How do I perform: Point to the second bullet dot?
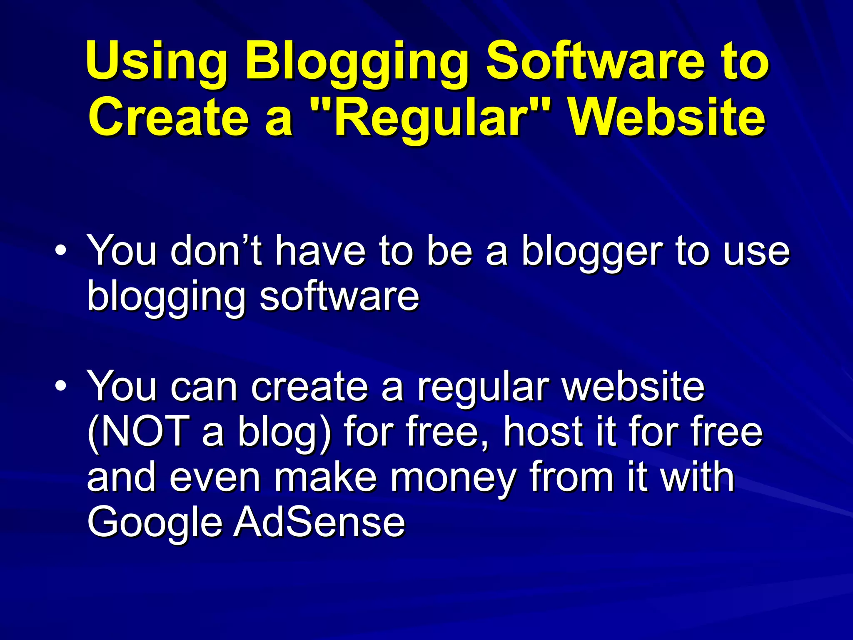point(60,386)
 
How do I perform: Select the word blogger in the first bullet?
point(591,252)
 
